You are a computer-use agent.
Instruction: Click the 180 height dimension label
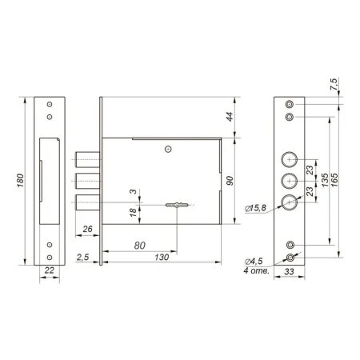(x=20, y=180)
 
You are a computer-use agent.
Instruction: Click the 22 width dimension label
(x=50, y=270)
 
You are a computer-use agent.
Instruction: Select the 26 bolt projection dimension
(x=87, y=229)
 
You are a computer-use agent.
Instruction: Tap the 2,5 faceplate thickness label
(x=82, y=258)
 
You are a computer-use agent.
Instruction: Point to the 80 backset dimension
(x=139, y=246)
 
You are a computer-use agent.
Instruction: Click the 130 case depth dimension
(x=162, y=257)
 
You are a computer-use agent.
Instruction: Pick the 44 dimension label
(x=230, y=117)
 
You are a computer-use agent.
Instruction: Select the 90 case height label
(x=230, y=181)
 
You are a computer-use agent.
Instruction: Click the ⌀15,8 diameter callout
(x=255, y=208)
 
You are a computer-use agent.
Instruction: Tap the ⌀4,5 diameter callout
(x=254, y=262)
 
